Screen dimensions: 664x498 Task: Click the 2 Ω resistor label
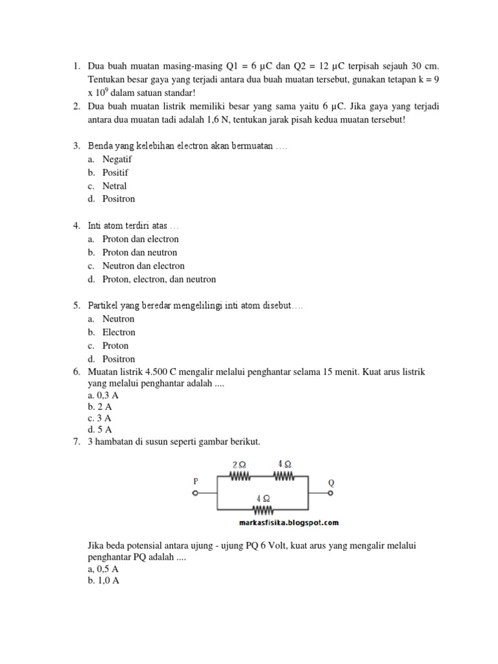coord(239,465)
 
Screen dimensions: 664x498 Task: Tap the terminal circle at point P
coord(195,493)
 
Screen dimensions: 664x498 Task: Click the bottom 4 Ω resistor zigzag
coord(263,510)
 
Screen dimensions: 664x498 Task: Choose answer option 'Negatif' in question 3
coord(117,159)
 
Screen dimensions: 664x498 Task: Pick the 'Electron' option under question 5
coord(119,332)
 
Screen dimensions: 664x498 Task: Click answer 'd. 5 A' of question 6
coord(99,429)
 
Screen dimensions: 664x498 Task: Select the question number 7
coord(76,442)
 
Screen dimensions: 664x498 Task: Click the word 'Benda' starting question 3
coord(100,146)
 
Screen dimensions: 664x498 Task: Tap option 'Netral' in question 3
coord(114,186)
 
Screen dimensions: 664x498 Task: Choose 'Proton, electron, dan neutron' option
coord(159,279)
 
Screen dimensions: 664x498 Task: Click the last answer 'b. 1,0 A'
coord(103,581)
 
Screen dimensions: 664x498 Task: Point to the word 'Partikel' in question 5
coord(104,305)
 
